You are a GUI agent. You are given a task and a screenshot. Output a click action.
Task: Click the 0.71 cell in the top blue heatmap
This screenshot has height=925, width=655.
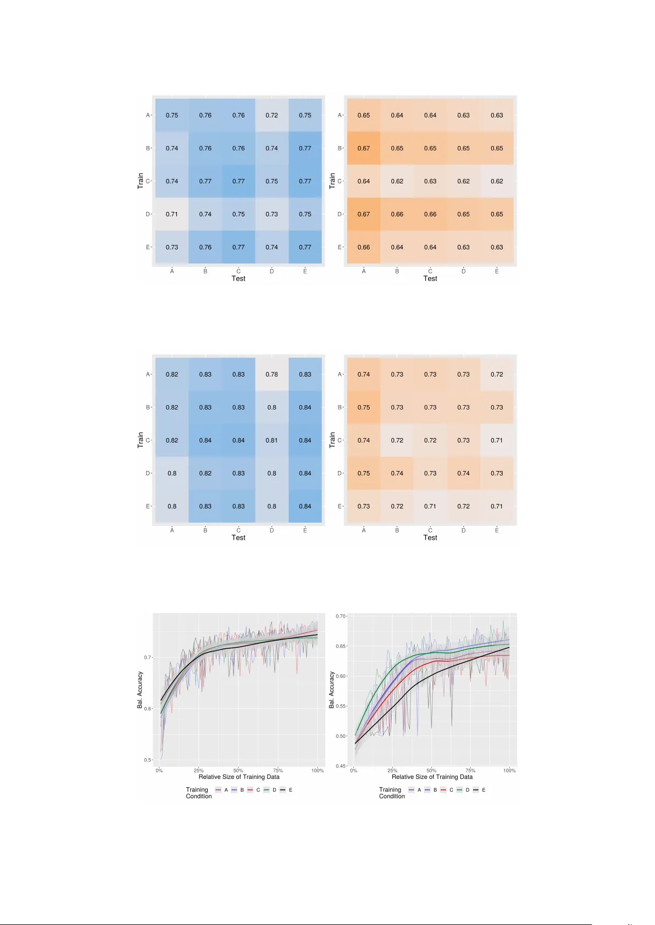172,214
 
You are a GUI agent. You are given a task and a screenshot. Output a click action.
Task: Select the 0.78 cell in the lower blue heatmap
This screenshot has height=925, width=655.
271,374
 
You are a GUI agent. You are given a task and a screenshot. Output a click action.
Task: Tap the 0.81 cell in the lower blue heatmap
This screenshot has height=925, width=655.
271,440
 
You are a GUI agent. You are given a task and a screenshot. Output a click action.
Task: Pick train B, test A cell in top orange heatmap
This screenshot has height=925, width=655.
364,148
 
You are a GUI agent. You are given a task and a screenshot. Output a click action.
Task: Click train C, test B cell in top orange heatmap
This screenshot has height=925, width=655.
397,181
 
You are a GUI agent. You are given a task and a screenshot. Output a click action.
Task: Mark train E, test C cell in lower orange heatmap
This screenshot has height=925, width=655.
430,506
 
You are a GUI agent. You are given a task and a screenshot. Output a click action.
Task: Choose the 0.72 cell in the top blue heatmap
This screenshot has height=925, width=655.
271,115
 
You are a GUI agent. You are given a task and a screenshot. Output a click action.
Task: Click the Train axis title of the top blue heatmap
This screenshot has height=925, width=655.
140,181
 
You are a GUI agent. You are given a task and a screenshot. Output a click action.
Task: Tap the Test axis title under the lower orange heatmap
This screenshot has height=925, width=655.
430,537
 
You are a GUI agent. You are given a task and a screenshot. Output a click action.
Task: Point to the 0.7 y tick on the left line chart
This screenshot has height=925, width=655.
147,657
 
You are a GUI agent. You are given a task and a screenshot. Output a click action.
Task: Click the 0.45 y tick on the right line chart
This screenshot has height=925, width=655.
341,766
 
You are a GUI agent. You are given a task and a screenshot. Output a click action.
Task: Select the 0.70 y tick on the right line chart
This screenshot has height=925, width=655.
341,616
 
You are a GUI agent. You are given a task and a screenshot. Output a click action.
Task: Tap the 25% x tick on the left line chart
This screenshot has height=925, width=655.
198,771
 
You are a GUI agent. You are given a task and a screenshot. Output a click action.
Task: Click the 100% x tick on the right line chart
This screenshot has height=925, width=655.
509,771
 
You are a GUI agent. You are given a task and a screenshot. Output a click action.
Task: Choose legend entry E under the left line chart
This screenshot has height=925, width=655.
291,790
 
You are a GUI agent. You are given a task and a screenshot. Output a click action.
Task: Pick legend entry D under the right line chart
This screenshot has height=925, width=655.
468,790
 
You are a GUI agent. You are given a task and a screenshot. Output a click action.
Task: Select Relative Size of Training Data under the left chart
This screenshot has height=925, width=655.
239,777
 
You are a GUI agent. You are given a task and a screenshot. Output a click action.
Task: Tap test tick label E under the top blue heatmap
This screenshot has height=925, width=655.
305,271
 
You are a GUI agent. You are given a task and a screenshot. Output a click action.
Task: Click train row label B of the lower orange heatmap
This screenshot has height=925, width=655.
339,407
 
